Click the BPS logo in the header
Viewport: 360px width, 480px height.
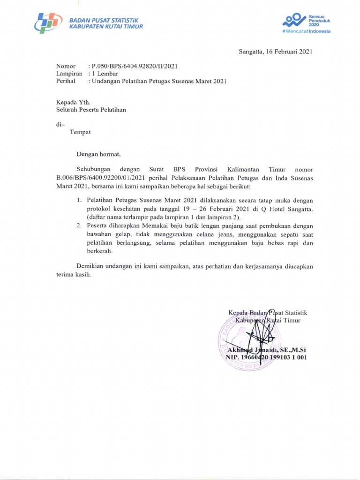click(x=48, y=22)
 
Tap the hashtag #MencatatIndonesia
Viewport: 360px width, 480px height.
click(x=307, y=31)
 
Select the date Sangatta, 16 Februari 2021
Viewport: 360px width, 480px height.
click(x=276, y=52)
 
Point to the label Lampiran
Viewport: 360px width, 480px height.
click(x=69, y=74)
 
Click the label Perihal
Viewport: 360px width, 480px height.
click(x=66, y=81)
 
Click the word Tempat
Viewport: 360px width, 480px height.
click(x=80, y=132)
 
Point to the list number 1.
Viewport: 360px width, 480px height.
click(x=80, y=200)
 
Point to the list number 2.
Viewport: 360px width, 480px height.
click(x=80, y=226)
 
